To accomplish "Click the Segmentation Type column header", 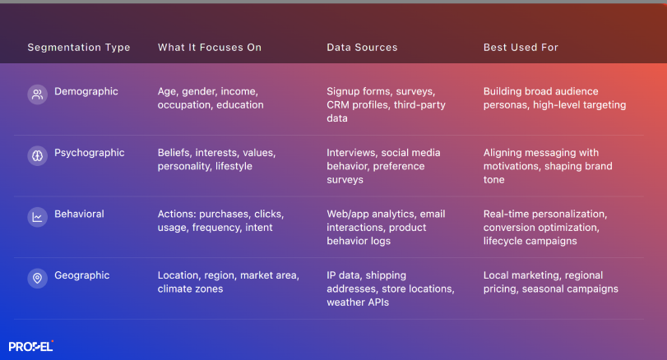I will [x=79, y=48].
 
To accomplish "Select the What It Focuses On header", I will [x=210, y=48].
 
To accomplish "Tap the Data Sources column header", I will [x=362, y=48].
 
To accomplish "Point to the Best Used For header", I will [x=521, y=48].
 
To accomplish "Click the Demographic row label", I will [x=86, y=91].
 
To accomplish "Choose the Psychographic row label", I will [x=90, y=153].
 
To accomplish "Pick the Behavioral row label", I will [x=79, y=214].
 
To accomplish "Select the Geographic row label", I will [x=82, y=275].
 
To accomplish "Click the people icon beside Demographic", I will [x=37, y=94].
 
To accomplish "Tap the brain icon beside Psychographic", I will [x=37, y=155].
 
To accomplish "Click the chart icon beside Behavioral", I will [x=37, y=217].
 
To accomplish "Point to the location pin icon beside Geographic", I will [x=37, y=279].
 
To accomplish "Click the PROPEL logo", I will [x=31, y=346].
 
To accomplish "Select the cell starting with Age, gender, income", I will [x=211, y=98].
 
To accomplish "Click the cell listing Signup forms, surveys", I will [x=381, y=104].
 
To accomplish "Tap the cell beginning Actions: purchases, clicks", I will [x=220, y=220].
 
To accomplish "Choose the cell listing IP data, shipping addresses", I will [x=390, y=288].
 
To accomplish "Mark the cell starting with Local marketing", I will [x=550, y=282].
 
